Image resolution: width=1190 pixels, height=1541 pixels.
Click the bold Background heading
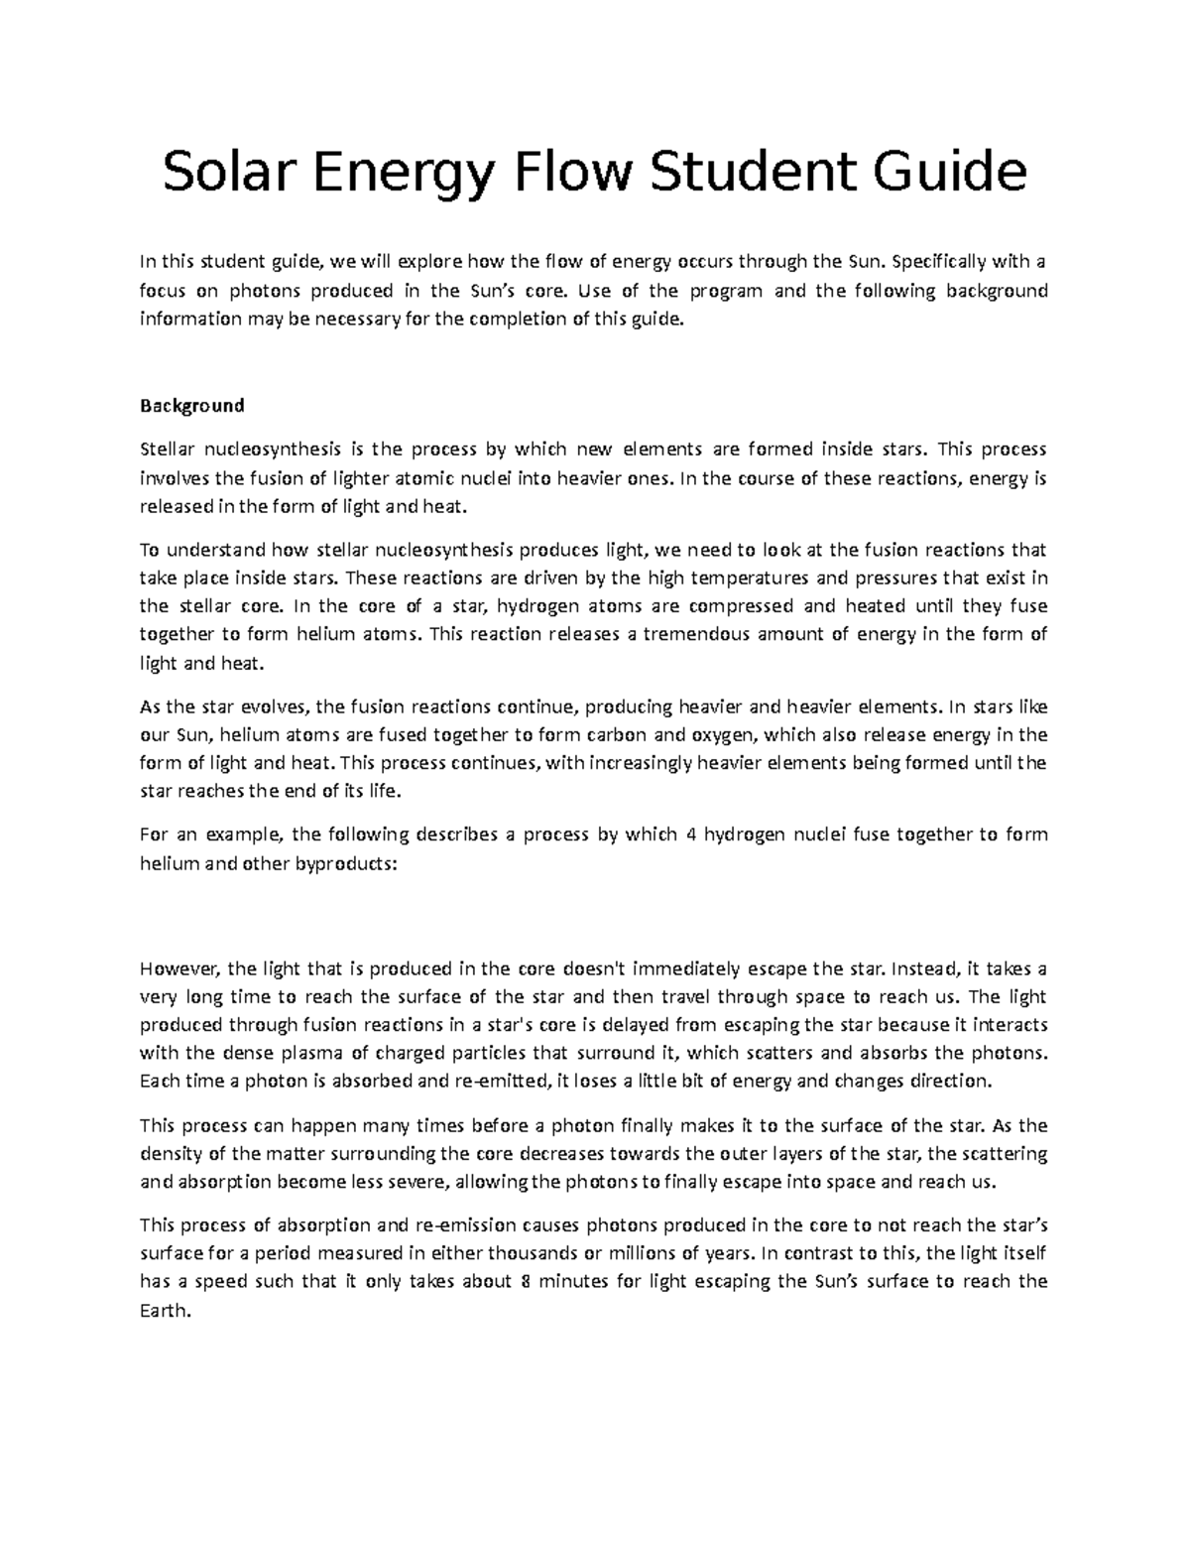192,405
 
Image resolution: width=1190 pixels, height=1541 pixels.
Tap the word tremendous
696,635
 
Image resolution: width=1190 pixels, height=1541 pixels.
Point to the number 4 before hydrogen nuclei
690,835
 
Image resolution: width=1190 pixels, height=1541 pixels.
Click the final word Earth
164,1311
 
